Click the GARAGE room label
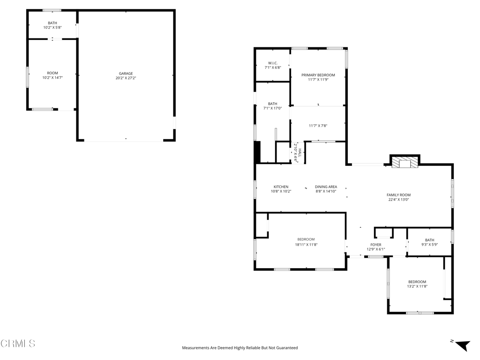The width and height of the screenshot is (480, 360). tap(126, 73)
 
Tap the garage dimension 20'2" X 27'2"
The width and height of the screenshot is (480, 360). tap(126, 78)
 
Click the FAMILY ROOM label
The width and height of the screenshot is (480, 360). tap(398, 195)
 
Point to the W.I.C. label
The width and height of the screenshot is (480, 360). tap(273, 63)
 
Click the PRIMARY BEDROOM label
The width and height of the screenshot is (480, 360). tap(318, 75)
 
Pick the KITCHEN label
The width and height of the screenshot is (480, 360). tap(281, 187)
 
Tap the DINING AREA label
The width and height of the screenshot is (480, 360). tap(326, 187)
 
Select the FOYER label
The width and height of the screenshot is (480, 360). tap(375, 245)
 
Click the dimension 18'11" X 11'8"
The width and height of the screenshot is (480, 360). tap(306, 244)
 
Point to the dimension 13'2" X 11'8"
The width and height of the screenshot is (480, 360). tap(417, 286)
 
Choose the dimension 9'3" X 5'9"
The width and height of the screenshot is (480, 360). tap(429, 245)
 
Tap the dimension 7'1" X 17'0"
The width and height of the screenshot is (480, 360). tap(272, 108)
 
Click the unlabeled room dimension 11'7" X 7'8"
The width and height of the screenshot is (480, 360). tap(318, 126)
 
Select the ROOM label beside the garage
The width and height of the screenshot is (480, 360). tap(52, 73)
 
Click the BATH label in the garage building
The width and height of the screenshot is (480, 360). tap(52, 23)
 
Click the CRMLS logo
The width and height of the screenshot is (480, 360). tap(18, 344)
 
